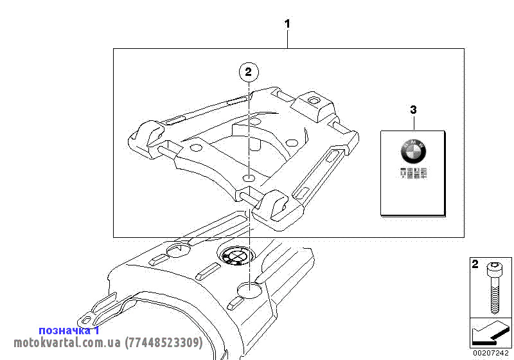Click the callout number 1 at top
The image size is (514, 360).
click(287, 24)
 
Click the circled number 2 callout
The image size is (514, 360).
click(249, 71)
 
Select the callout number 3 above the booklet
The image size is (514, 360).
click(413, 110)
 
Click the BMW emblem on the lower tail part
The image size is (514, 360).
click(234, 256)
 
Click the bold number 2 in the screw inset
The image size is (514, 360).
click(475, 264)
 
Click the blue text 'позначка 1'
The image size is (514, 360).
click(69, 330)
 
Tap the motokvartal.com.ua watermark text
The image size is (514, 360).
click(108, 343)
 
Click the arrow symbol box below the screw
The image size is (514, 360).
click(491, 333)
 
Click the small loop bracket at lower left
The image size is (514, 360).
click(85, 318)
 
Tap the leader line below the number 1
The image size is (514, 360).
click(287, 39)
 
